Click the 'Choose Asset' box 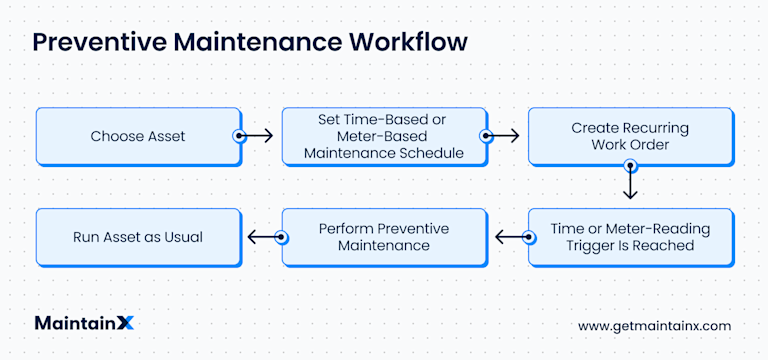click(139, 136)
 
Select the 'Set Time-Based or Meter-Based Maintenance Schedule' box click(384, 136)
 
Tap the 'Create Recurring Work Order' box click(630, 136)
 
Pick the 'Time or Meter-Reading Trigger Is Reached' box click(630, 237)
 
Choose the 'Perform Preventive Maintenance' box click(384, 237)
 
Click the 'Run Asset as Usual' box click(139, 237)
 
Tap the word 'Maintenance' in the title click(257, 43)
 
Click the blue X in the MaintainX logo click(126, 323)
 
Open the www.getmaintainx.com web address click(654, 326)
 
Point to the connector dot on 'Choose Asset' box click(239, 136)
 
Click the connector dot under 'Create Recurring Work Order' click(630, 166)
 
